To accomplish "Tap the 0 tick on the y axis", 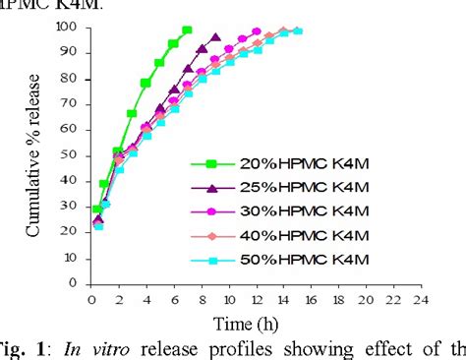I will coord(76,281).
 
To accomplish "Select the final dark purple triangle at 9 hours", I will coord(215,37).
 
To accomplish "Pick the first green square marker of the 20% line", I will coord(96,209).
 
